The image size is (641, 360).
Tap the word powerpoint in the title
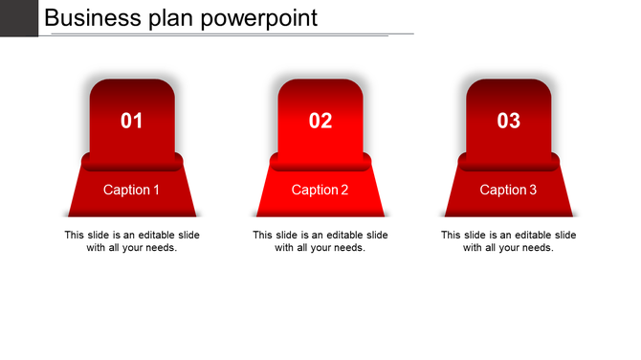coord(262,19)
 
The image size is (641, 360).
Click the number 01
coord(132,121)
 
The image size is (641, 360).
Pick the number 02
coord(320,121)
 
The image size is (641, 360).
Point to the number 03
coord(509,121)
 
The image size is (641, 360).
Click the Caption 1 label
coord(132,190)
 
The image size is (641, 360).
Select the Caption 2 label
coord(320,190)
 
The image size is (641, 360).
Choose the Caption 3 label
coord(509,190)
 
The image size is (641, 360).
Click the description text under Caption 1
coord(132,241)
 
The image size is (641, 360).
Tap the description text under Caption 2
coord(320,241)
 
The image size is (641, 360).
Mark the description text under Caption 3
coord(509,241)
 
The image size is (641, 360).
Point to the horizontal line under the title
coord(230,34)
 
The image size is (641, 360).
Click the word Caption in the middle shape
coord(314,190)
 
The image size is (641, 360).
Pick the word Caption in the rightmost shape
coord(502,190)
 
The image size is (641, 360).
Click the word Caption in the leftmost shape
coord(125,190)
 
